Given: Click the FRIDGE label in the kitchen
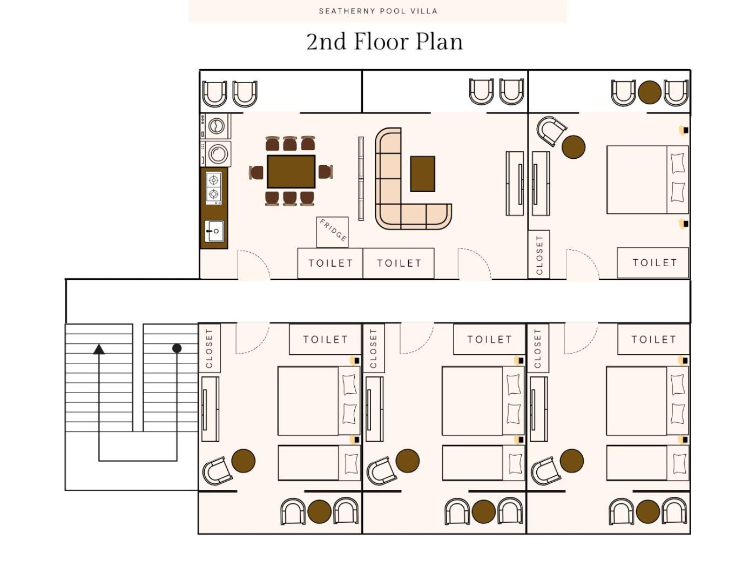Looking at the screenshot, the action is point(333,231).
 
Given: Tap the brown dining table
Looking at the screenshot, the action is point(291,171).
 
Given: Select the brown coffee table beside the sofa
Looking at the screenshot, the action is point(422,173).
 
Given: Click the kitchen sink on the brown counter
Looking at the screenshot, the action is point(214,231).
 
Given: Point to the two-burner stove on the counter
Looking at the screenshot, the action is point(213,188).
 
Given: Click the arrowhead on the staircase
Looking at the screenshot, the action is point(99,349).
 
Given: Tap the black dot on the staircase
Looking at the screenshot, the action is point(177,348).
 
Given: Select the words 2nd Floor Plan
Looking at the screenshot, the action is point(384,42).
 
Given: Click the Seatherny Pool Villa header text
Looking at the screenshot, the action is point(378,11).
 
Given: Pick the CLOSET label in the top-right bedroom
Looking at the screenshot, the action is point(539,255).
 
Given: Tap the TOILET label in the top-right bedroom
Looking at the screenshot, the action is point(654,262).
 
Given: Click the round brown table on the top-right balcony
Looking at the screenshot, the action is point(649,92).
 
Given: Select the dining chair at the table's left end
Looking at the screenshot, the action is point(256,172).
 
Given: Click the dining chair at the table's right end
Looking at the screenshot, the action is point(326,172).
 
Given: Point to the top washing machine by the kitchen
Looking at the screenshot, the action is point(215,126).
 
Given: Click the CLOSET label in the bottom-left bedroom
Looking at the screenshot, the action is point(209,348).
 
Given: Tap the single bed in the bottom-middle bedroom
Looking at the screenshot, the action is point(483,463).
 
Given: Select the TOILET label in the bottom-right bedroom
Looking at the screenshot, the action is point(653,340).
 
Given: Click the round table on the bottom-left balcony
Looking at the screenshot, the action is point(319,511).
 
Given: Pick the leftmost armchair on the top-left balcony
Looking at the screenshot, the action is point(214,93).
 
